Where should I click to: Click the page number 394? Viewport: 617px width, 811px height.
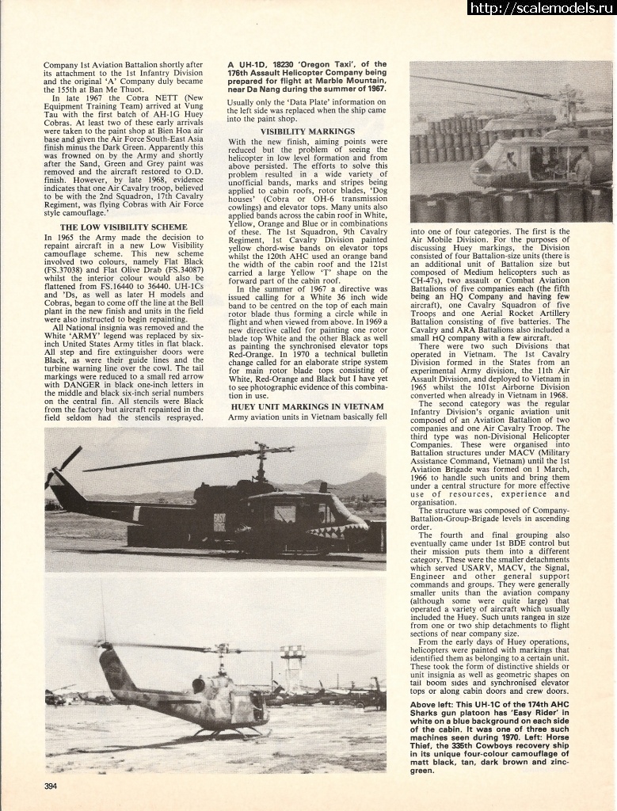pyautogui.click(x=52, y=786)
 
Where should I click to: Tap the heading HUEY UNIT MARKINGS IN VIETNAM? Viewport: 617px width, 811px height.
pyautogui.click(x=307, y=406)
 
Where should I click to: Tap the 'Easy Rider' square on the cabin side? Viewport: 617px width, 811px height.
pyautogui.click(x=219, y=522)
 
